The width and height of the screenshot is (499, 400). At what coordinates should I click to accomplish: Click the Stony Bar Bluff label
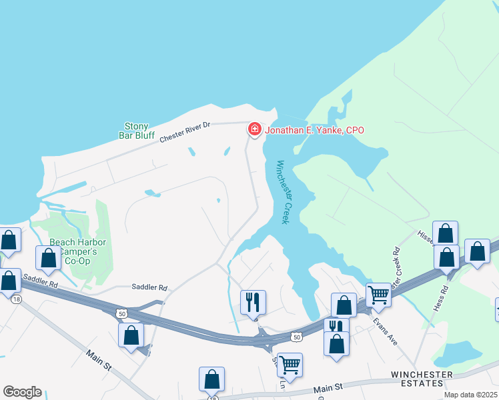point(137,131)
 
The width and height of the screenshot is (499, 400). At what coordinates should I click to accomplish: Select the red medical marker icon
point(254,129)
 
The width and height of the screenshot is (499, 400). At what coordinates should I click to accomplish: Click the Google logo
point(21,392)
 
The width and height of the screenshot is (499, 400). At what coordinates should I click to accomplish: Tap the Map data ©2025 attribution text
point(470,395)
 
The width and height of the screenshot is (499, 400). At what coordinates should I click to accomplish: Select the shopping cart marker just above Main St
point(290,364)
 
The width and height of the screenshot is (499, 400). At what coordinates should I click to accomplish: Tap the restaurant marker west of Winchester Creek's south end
point(252,301)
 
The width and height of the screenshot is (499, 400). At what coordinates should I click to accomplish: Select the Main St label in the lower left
point(98,361)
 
